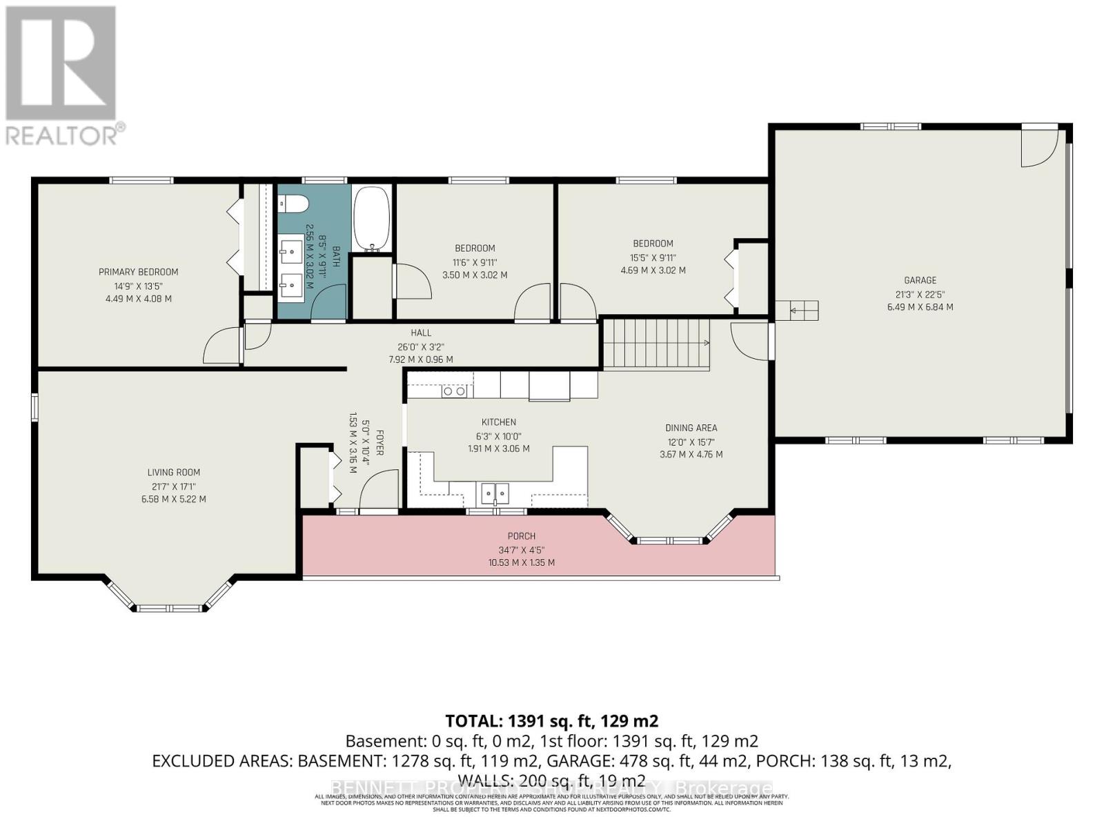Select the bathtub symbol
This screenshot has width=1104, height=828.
click(x=371, y=219)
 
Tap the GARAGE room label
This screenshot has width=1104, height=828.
click(x=920, y=280)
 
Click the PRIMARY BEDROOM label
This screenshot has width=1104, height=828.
click(x=138, y=272)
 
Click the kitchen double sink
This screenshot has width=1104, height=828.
click(x=495, y=493)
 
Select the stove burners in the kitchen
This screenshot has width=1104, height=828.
click(x=454, y=391)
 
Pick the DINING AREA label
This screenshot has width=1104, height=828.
click(x=691, y=428)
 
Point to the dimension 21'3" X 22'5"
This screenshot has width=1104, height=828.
click(x=920, y=293)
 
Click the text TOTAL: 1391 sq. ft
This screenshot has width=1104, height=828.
click(x=551, y=721)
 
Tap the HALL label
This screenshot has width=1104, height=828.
click(x=421, y=333)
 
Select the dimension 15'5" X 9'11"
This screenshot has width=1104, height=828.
click(x=653, y=257)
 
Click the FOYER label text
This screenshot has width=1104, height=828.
click(x=379, y=442)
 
